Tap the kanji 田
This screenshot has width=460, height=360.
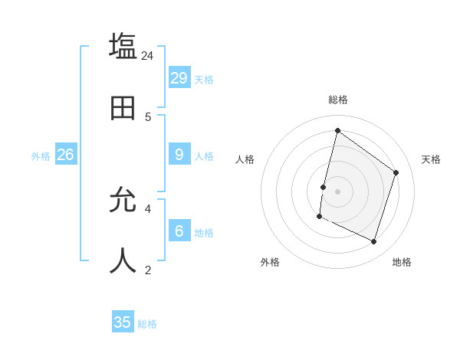tap(123, 108)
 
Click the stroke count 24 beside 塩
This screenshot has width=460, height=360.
tap(148, 55)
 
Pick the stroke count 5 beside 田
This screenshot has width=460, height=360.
tap(148, 116)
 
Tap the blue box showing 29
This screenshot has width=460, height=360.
tap(179, 77)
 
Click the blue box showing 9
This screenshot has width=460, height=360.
tap(179, 154)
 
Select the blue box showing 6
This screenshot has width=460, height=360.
tap(179, 231)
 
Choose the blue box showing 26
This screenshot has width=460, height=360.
tap(65, 154)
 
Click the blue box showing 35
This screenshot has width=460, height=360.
tap(123, 322)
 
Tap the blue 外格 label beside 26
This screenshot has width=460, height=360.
tap(41, 156)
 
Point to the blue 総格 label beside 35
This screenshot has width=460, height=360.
tap(147, 325)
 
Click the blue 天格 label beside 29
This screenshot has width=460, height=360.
tap(204, 80)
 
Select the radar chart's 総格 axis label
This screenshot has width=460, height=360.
tap(338, 100)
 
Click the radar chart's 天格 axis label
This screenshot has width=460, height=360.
tap(431, 159)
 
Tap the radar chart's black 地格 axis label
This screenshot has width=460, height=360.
tap(402, 262)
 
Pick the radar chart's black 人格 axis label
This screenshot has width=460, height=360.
tap(245, 159)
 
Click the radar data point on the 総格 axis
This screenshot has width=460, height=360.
tap(337, 130)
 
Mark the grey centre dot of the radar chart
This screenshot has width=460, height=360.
tap(337, 191)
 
